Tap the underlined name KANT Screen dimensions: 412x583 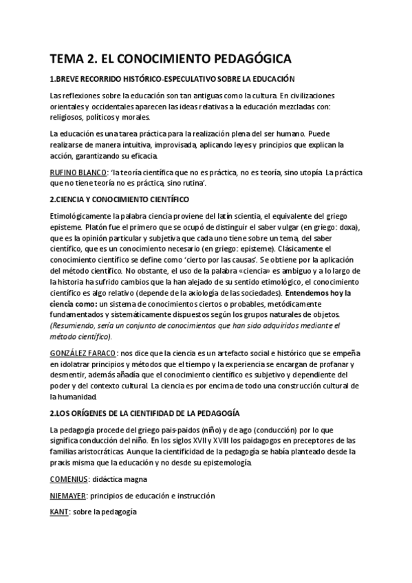(x=61, y=512)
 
